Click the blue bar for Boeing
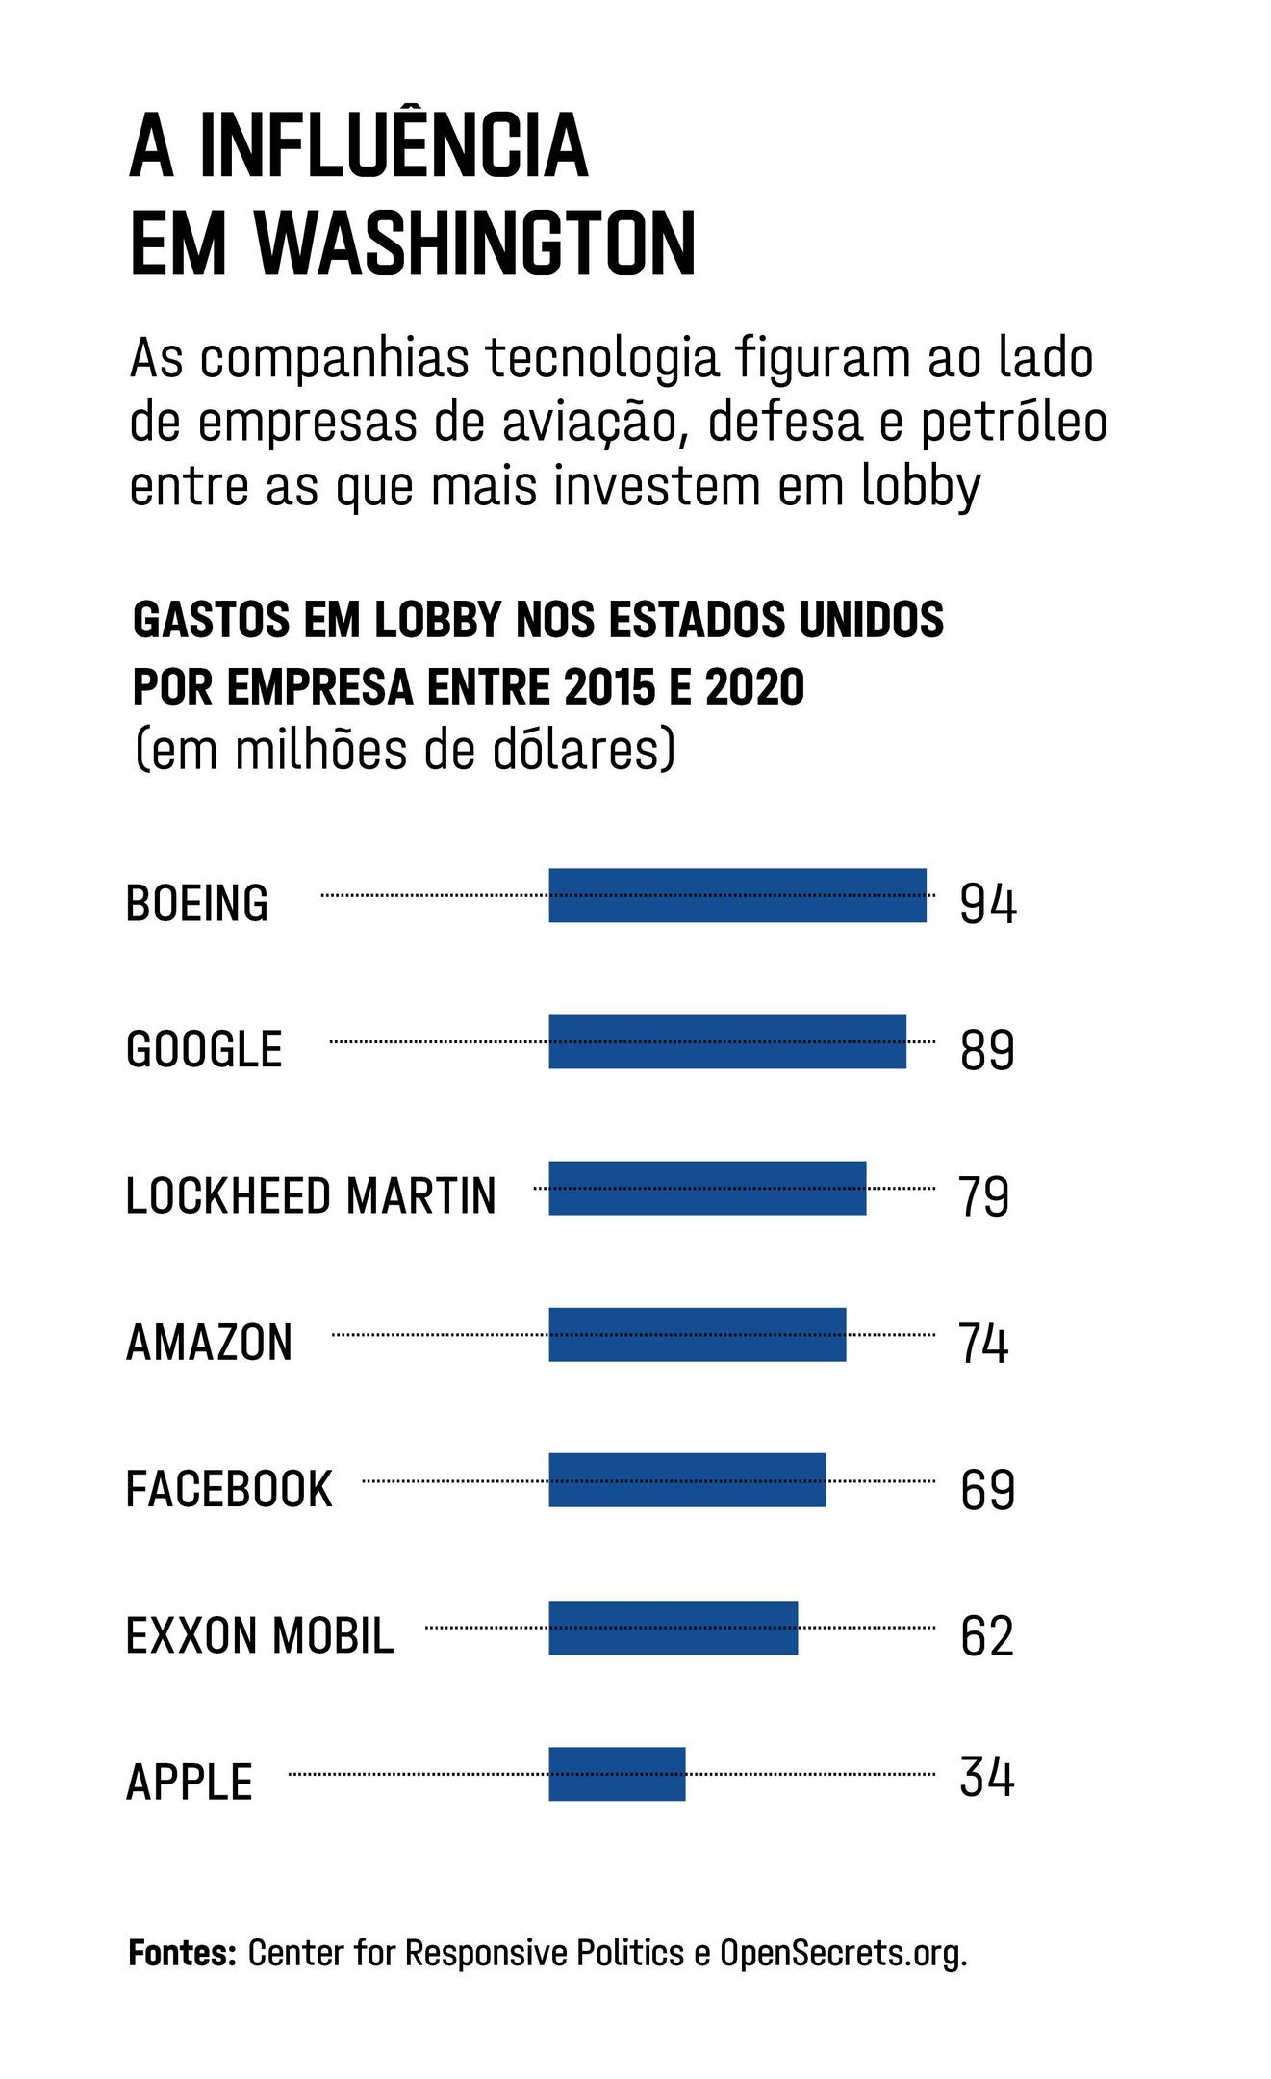click(737, 895)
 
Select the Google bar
click(726, 1041)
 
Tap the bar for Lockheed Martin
click(707, 1188)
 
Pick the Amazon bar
click(697, 1334)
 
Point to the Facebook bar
click(687, 1480)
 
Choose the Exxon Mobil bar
click(673, 1628)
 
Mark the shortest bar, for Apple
click(617, 1774)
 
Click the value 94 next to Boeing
click(987, 904)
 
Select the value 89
click(987, 1050)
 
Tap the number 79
click(983, 1196)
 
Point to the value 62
click(987, 1636)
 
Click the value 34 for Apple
click(987, 1777)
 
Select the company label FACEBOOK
click(229, 1489)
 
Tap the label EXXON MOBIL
click(260, 1636)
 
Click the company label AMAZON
click(209, 1343)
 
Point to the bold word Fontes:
click(182, 1953)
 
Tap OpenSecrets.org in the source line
click(843, 1953)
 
